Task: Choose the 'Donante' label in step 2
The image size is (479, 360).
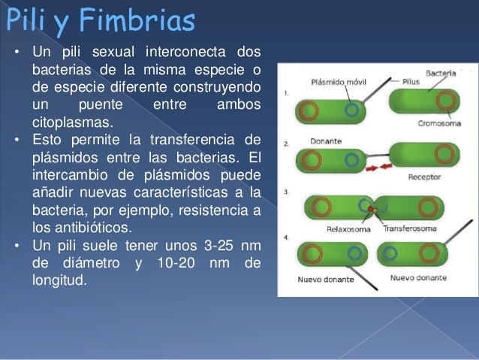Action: pos(325,141)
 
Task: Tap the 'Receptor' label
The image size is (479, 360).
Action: pos(424,177)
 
